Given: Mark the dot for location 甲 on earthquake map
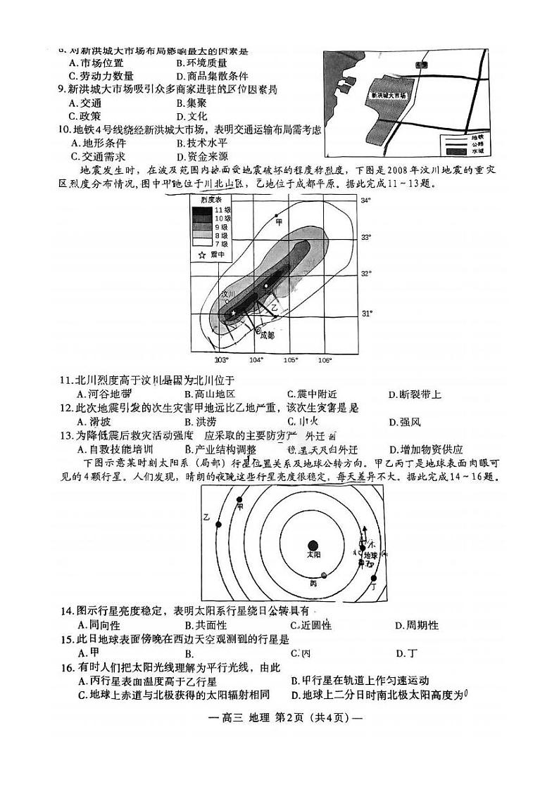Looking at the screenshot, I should [x=277, y=214].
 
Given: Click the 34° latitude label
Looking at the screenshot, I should [x=365, y=200].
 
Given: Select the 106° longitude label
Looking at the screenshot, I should [x=325, y=361].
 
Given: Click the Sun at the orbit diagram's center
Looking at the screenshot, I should [x=313, y=544].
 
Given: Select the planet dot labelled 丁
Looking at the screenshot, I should [x=373, y=578].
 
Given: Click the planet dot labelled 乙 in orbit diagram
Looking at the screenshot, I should [x=219, y=524].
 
